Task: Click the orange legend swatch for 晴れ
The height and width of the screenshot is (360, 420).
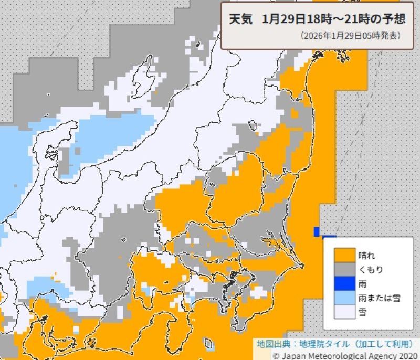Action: click(345, 256)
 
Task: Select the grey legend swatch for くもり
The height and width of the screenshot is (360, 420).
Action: click(345, 270)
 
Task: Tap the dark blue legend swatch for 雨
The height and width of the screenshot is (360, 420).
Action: click(345, 284)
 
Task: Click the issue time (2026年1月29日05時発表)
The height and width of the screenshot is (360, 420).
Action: click(351, 36)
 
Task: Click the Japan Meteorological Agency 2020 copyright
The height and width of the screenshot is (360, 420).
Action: click(349, 355)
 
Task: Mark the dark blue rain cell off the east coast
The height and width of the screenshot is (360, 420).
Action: click(317, 231)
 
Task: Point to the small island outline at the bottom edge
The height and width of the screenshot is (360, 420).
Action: click(209, 344)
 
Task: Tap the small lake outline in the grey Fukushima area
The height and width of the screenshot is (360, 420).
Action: click(252, 125)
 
